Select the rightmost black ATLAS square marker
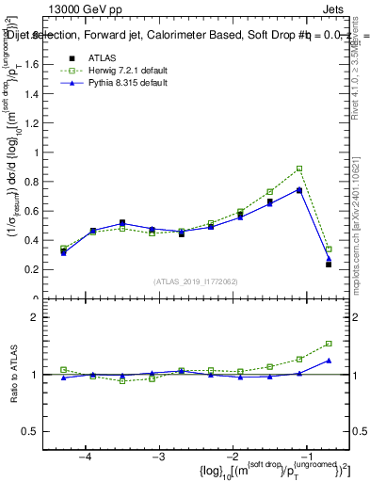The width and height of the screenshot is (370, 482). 329,265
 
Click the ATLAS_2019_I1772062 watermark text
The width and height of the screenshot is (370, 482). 196,281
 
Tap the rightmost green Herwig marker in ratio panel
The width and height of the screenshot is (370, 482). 329,344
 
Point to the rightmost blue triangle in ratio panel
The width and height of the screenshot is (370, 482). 329,361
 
